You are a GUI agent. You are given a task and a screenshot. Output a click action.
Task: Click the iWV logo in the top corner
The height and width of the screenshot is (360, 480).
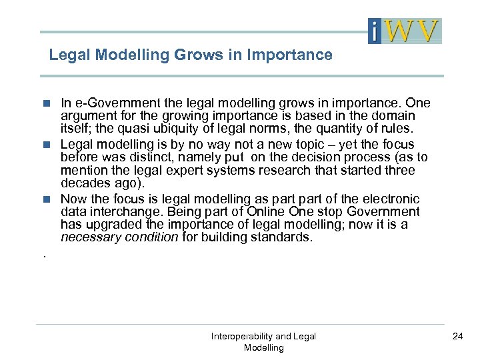(x=405, y=31)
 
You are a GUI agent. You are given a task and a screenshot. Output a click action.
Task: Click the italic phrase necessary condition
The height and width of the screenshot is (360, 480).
(x=120, y=237)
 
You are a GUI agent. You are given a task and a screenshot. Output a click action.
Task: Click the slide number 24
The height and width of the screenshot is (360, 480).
(x=457, y=336)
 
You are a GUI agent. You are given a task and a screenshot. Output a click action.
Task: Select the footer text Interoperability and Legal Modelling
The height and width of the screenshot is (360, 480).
(x=263, y=342)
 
